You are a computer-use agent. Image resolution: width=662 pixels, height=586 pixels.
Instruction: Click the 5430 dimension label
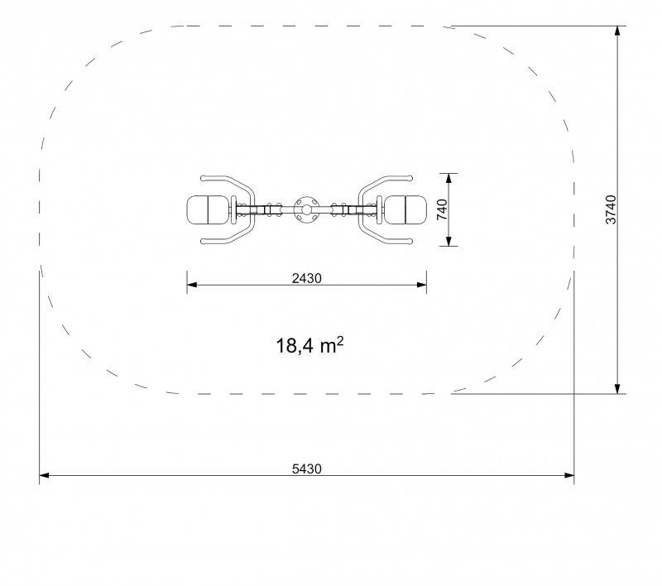pos(306,468)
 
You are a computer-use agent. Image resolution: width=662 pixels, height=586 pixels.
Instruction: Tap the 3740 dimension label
pos(611,209)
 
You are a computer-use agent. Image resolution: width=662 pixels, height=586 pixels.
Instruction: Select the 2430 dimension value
pos(306,278)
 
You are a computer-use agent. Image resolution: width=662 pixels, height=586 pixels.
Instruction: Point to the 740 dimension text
pos(442,209)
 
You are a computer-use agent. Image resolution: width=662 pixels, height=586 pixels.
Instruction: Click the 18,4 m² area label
pos(309,345)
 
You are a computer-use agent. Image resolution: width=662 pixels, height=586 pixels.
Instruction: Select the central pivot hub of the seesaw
pos(306,210)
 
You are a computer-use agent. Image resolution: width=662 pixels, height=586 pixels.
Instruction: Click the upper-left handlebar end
pos(204,178)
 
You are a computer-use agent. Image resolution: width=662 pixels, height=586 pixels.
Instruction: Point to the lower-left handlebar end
pos(204,242)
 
